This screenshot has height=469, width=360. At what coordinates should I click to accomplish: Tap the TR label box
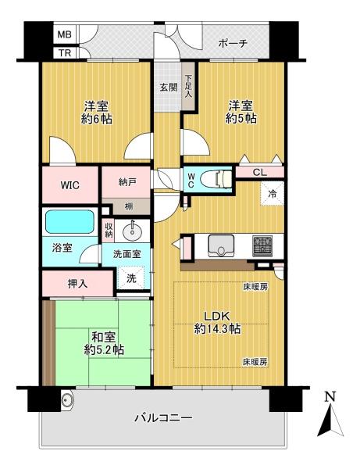(x=65, y=53)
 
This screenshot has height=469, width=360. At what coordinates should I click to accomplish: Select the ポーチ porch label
(x=233, y=43)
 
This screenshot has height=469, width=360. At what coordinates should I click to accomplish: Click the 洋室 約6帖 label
(x=95, y=111)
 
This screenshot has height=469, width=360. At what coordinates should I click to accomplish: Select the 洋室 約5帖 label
(x=243, y=111)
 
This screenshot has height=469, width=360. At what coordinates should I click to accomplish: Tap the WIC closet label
(x=71, y=186)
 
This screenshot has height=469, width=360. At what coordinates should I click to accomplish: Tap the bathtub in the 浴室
(x=70, y=225)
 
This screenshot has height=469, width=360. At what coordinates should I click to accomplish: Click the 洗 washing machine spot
(x=130, y=277)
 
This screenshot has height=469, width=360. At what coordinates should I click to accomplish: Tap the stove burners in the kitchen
(x=262, y=245)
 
